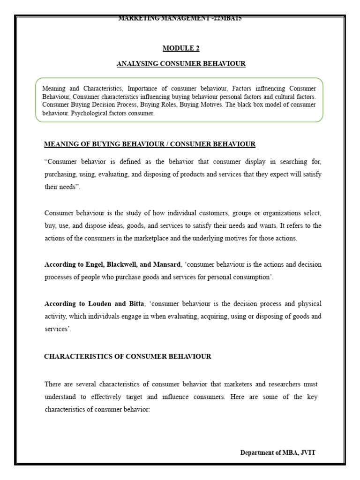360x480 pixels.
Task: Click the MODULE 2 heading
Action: click(180, 48)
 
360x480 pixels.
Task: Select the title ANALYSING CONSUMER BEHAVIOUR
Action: click(180, 64)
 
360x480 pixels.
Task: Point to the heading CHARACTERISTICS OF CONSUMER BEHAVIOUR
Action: click(127, 356)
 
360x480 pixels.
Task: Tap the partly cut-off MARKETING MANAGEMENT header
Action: click(180, 19)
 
